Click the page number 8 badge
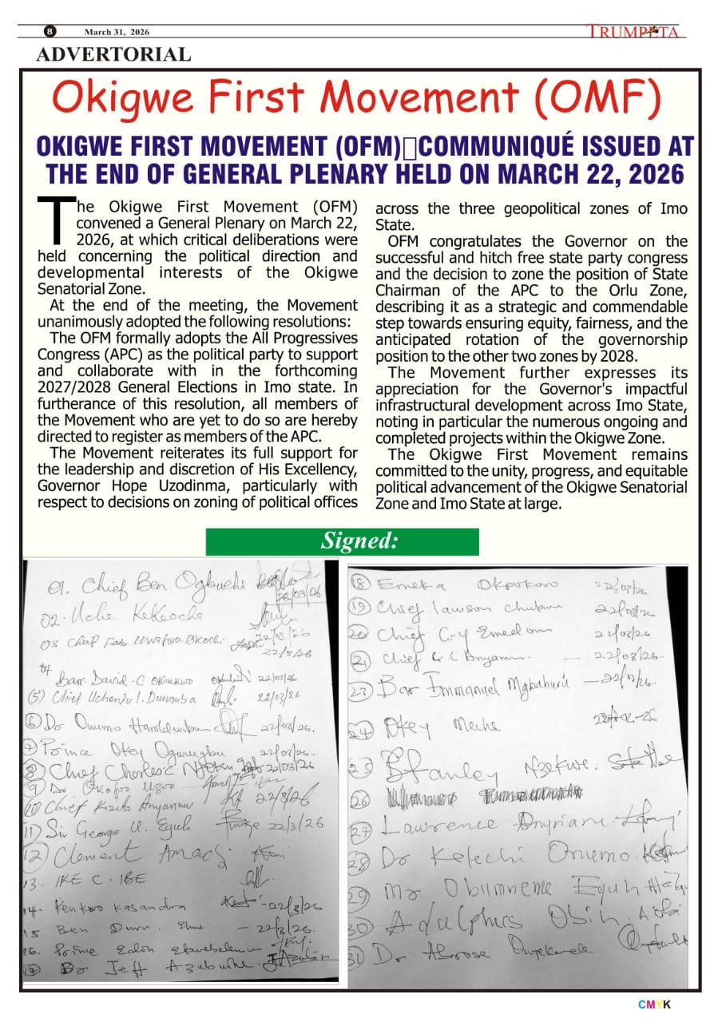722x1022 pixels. coord(50,32)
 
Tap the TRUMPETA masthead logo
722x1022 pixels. coord(633,32)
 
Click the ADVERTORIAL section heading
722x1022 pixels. coord(113,54)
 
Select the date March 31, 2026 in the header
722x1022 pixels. coord(117,32)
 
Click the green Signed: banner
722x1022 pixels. coord(342,541)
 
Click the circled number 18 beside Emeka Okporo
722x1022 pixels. coord(361,584)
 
